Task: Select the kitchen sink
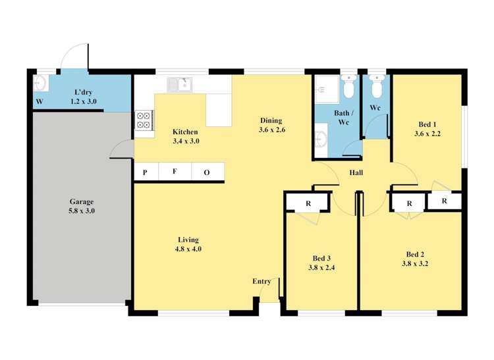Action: click(178, 84)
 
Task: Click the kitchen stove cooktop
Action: click(144, 119)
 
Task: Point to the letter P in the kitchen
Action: click(145, 172)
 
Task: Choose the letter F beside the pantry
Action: click(175, 172)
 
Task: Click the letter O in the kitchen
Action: click(206, 172)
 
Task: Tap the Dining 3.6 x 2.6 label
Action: click(271, 125)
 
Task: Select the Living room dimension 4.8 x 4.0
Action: click(188, 249)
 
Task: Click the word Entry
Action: click(261, 282)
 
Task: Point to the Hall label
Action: click(356, 173)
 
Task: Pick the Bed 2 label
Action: click(414, 259)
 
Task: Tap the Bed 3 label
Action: click(321, 263)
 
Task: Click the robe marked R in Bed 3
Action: click(308, 203)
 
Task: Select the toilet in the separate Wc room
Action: click(376, 86)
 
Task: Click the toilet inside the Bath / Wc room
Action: click(348, 86)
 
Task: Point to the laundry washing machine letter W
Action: click(39, 102)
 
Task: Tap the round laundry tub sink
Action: click(39, 82)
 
